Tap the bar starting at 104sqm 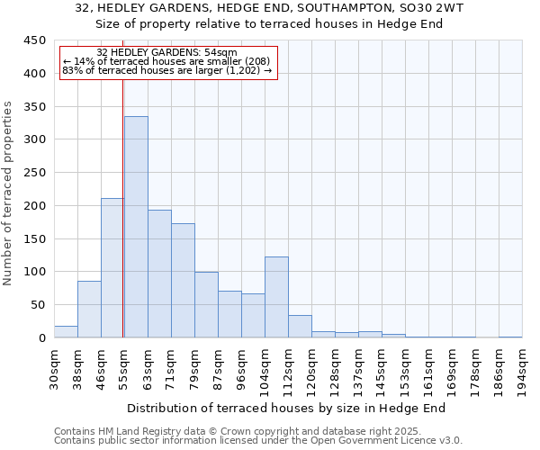276,297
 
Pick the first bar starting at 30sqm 66,331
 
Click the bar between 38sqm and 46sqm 89,310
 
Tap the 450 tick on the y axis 35,40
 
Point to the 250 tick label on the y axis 35,173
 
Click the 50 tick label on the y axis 38,305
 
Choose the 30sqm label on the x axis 54,367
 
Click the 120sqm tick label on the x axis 311,367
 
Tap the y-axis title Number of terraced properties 8,193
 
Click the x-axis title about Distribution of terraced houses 286,409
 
